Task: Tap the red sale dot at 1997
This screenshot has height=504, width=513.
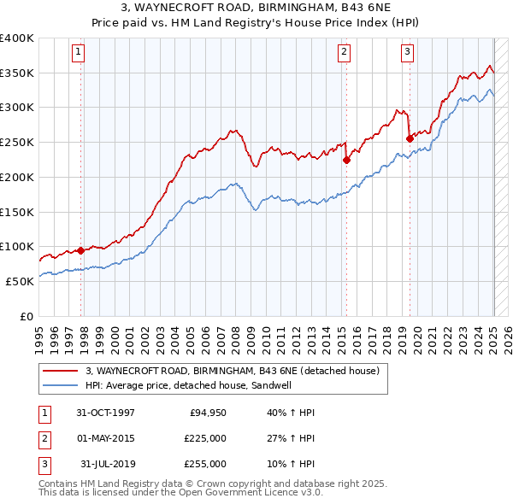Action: point(80,250)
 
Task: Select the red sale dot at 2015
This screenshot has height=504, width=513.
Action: point(346,159)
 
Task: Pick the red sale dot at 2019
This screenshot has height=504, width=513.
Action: point(410,138)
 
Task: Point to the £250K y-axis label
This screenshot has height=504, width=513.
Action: point(17,142)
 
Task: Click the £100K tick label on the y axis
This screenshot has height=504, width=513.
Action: point(17,246)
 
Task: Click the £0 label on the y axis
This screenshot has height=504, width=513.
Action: point(27,316)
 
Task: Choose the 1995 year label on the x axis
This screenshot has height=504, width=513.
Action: point(39,335)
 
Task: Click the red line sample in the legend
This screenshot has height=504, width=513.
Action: point(62,371)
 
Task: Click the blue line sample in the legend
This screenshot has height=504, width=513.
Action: point(62,385)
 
